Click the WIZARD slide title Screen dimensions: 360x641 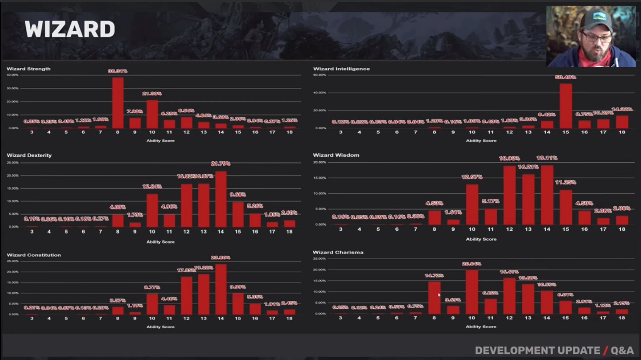pos(70,29)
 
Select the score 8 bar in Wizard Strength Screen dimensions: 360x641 pos(118,103)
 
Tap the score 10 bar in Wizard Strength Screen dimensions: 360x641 pos(152,114)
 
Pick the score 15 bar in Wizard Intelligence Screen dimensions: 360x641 pos(566,106)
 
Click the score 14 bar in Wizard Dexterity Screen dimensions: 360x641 pos(221,199)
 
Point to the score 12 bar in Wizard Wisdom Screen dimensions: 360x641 pos(510,195)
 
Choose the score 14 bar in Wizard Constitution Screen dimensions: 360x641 pos(221,290)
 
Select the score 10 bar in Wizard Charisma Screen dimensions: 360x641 pos(472,292)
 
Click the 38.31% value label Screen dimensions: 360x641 pos(118,71)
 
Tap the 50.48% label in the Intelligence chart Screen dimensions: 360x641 pos(566,77)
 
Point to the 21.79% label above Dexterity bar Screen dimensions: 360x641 pos(221,164)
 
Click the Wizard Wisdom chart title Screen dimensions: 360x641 pos(336,155)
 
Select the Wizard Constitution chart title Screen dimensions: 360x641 pos(34,255)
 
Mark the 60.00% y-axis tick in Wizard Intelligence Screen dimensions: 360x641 pos(320,75)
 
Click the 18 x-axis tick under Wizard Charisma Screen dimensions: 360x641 pos(622,318)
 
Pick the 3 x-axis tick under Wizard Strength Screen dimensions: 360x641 pos(32,132)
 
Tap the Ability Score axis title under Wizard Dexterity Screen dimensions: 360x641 pos(160,242)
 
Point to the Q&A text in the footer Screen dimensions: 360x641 pos(622,351)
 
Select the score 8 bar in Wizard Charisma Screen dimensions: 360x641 pos(434,298)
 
